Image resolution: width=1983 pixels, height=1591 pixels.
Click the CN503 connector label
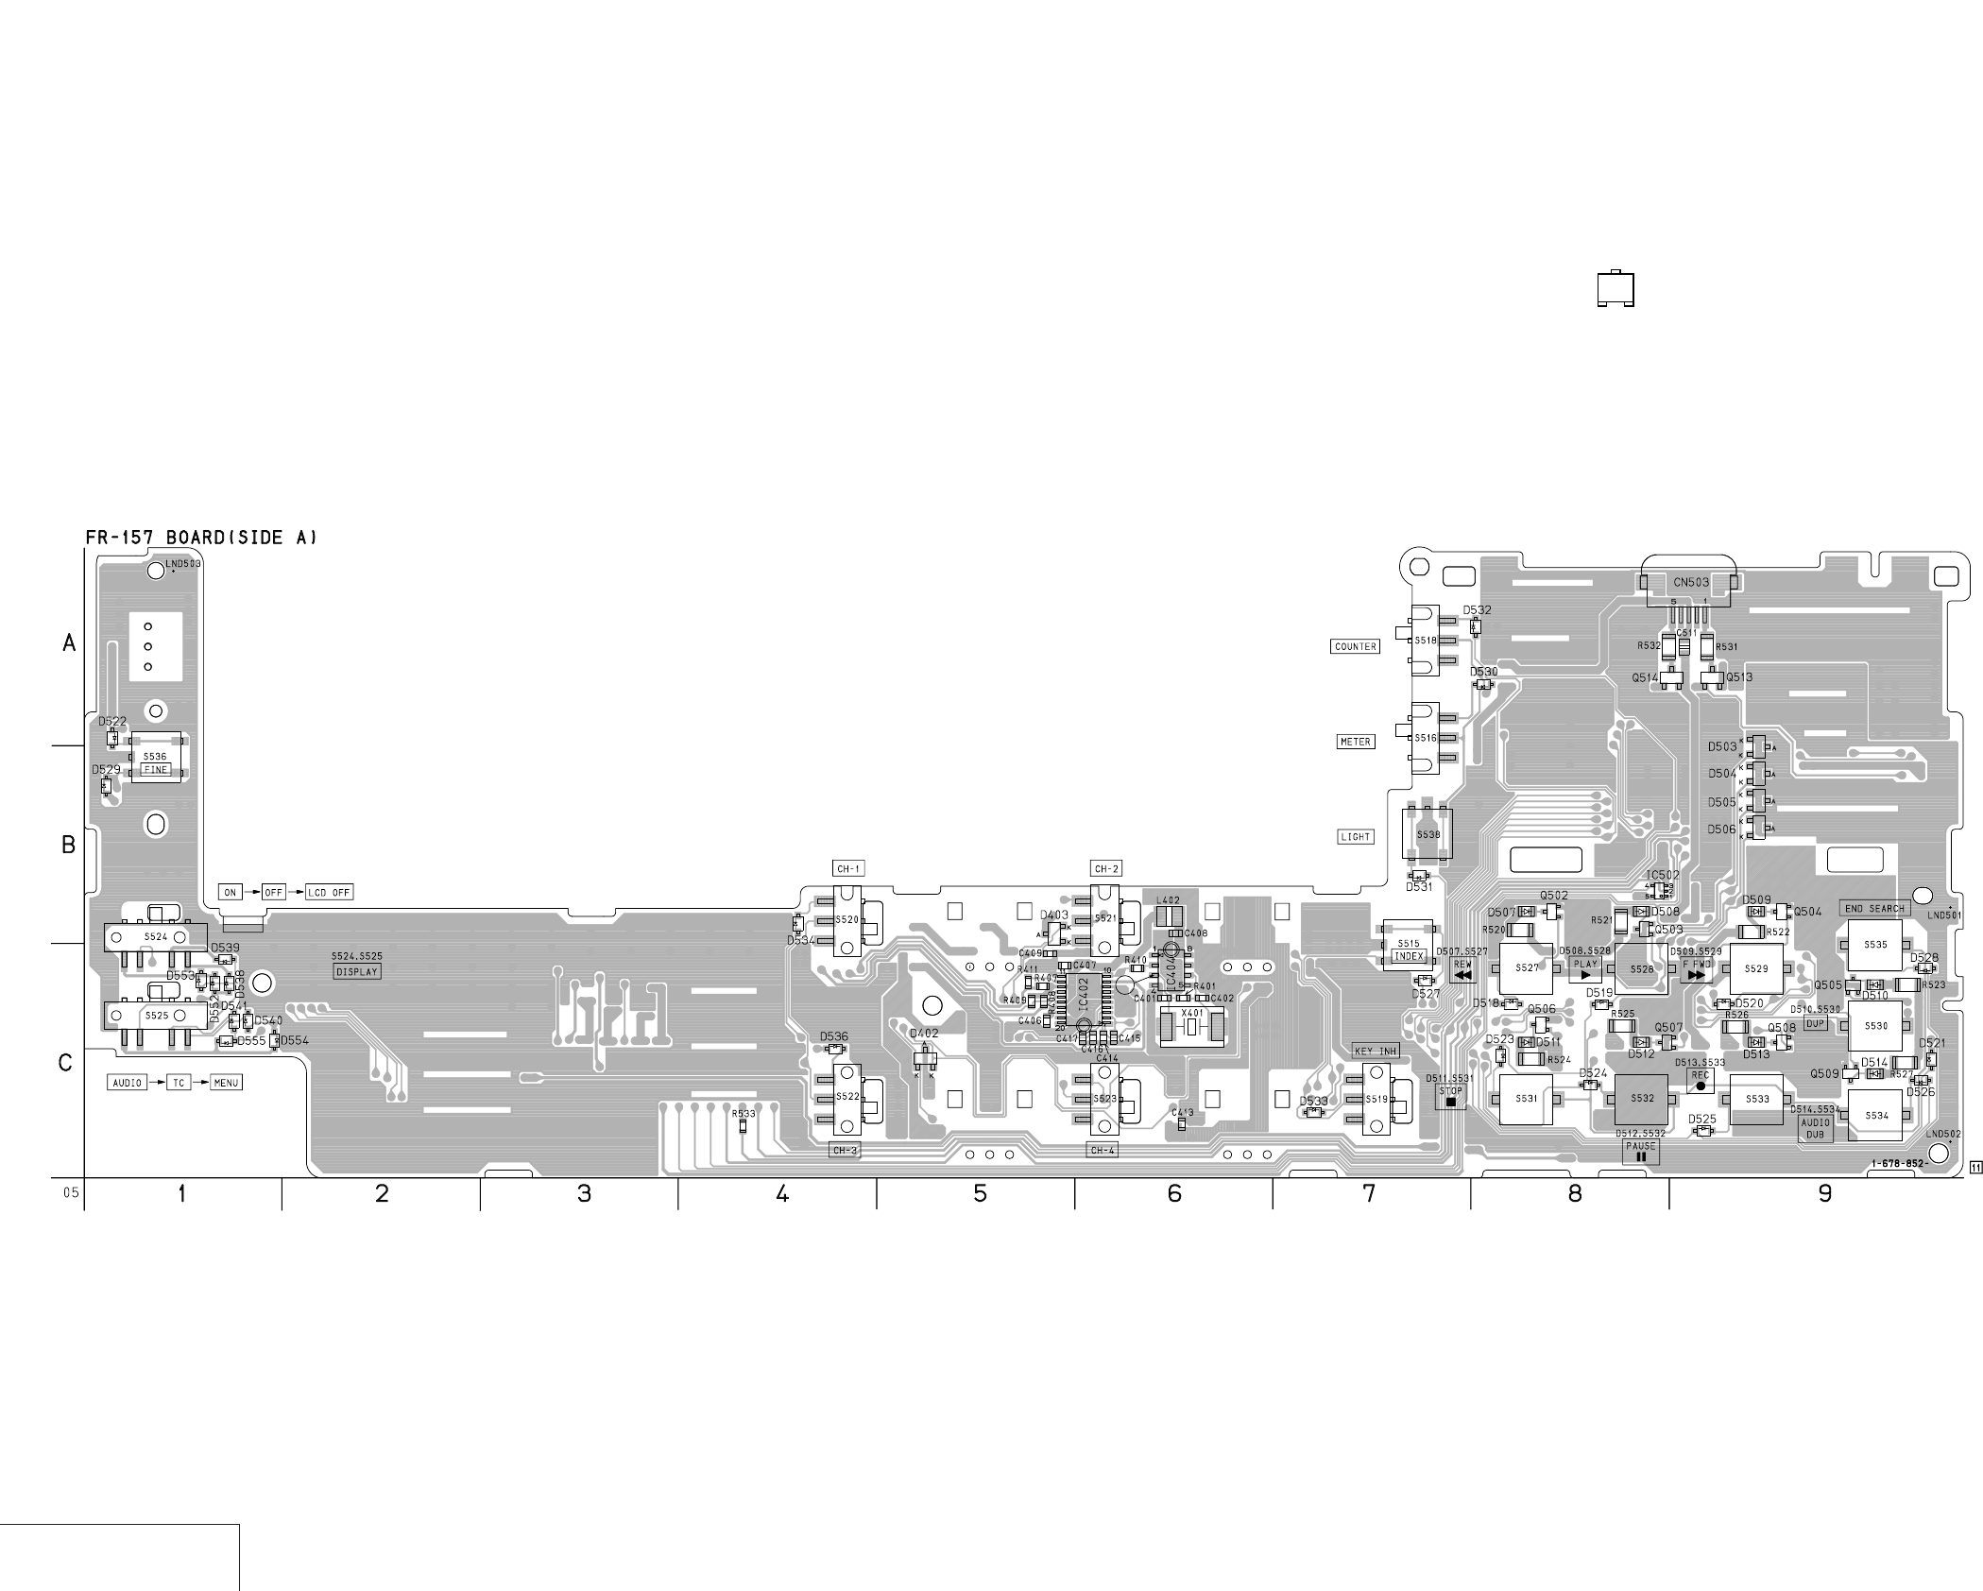(x=1691, y=583)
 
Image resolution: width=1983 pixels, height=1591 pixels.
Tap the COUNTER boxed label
(x=1355, y=647)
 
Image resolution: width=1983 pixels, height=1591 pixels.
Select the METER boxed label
(x=1355, y=742)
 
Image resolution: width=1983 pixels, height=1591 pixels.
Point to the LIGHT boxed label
(x=1355, y=837)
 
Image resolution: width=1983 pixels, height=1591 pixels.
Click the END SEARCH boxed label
(x=1874, y=909)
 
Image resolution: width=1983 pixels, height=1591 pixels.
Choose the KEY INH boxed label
(x=1376, y=1051)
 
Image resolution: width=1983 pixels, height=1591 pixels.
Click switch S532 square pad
(x=1642, y=1099)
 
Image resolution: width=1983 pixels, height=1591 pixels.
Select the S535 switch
(x=1875, y=945)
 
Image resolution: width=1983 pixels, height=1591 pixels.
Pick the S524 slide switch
(x=155, y=937)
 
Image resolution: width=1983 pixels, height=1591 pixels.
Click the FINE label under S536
(x=155, y=770)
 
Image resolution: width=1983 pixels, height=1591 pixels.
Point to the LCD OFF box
(x=329, y=893)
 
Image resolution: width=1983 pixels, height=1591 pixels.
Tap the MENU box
(x=226, y=1083)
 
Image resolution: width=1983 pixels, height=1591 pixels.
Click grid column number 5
(x=980, y=1194)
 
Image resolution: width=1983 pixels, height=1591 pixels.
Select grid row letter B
(x=68, y=845)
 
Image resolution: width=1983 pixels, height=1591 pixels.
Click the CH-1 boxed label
(x=848, y=869)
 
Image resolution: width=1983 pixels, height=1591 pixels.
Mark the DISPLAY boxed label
(x=357, y=971)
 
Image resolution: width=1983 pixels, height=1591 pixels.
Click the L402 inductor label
(x=1169, y=901)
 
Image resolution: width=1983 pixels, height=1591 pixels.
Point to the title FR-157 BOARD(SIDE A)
(x=201, y=538)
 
